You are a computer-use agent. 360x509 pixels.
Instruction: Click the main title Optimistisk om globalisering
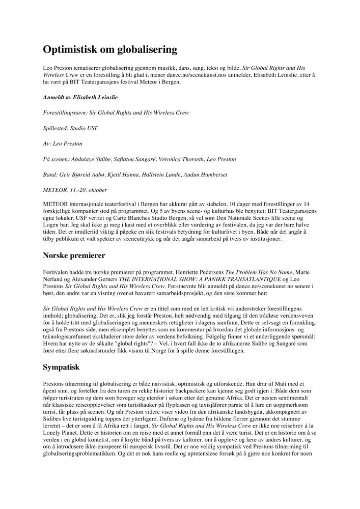[110, 49]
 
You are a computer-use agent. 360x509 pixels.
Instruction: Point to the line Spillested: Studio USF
[71, 128]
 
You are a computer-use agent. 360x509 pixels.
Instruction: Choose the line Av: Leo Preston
[63, 144]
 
